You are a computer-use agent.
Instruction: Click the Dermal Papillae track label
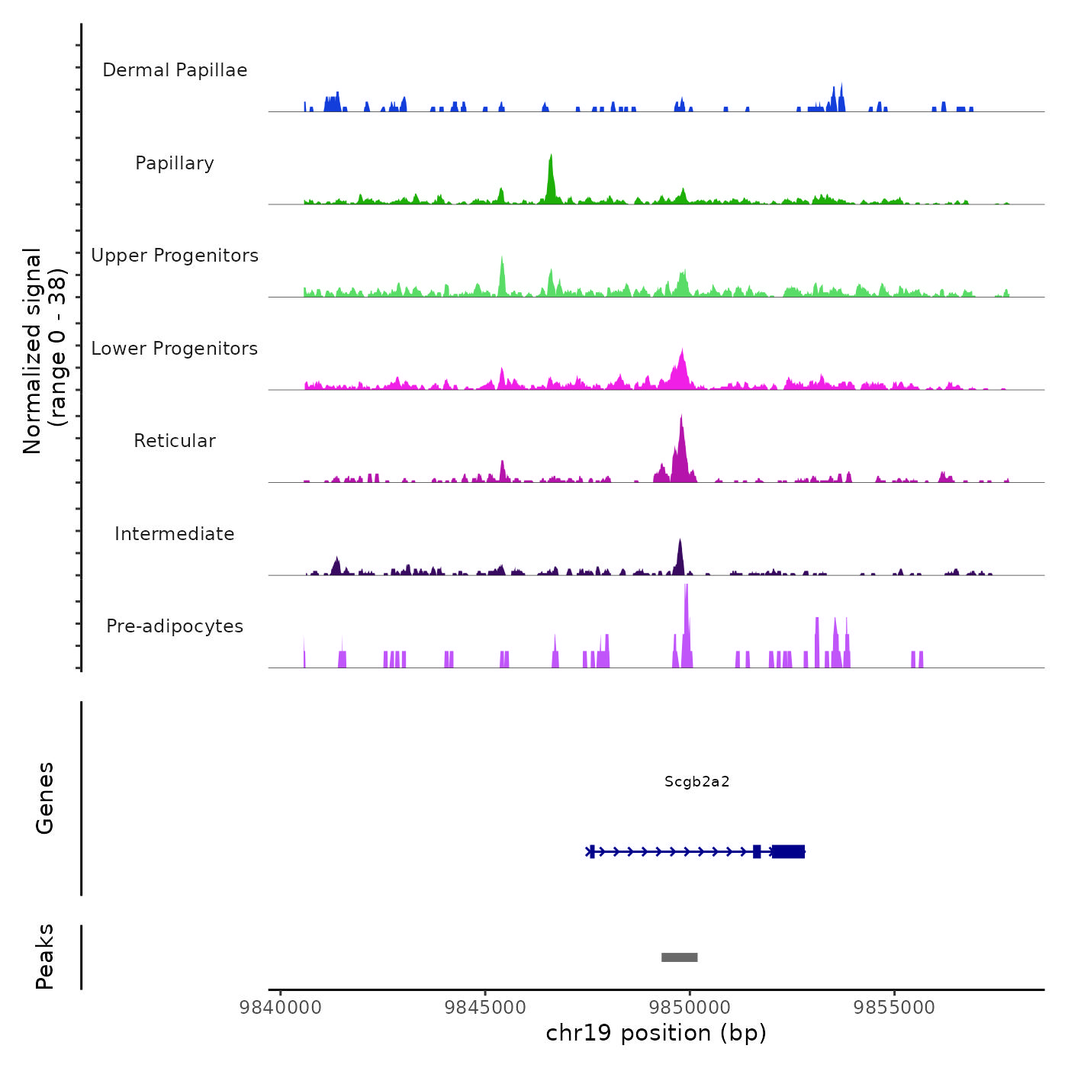175,70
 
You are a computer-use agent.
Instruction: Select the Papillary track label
175,163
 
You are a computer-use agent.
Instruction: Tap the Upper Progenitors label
175,256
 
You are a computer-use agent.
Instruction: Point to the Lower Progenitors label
175,349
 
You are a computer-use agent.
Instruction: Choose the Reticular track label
175,441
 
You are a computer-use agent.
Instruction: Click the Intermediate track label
175,534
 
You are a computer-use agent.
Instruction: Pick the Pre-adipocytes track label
175,626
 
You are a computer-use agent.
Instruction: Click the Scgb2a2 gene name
696,781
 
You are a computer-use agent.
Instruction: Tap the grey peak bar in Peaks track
679,957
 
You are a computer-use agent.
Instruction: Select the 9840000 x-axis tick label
281,1007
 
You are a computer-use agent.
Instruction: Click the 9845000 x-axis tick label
485,1007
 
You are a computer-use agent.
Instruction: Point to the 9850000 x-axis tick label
690,1007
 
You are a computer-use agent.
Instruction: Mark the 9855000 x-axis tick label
894,1007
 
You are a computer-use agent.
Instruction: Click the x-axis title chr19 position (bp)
656,1033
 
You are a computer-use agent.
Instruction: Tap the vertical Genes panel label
45,798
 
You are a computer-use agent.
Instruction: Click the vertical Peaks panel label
45,957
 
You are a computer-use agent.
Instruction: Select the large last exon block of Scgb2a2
789,851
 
